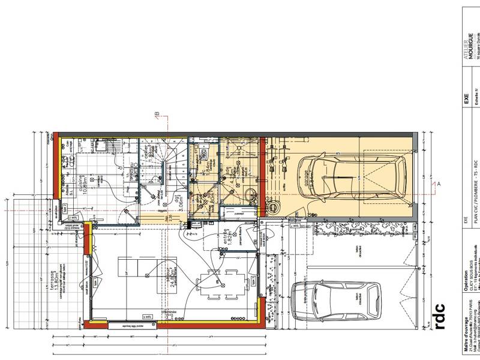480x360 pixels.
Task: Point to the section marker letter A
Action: (x=439, y=184)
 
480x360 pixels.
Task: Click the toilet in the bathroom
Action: (x=249, y=193)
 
